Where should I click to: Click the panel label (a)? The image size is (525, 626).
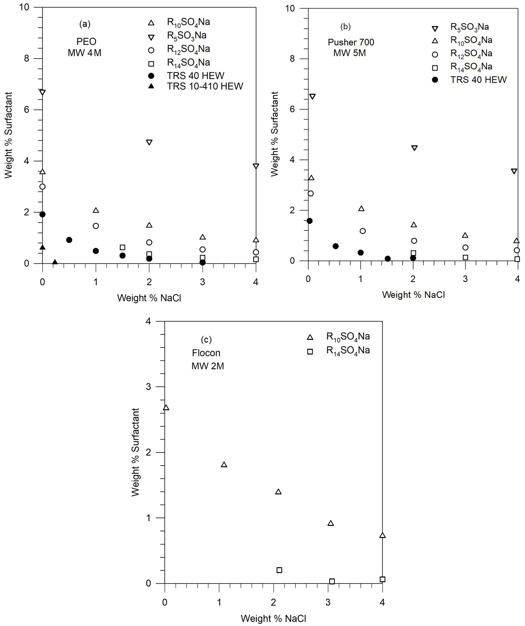(85, 24)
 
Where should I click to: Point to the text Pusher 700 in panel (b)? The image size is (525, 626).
(351, 42)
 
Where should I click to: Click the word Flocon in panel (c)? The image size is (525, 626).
(206, 353)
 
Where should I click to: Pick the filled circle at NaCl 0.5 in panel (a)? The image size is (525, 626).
(69, 240)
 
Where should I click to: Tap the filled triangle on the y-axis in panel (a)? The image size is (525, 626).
(43, 247)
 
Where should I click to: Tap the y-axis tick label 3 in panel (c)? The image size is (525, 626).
(148, 387)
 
